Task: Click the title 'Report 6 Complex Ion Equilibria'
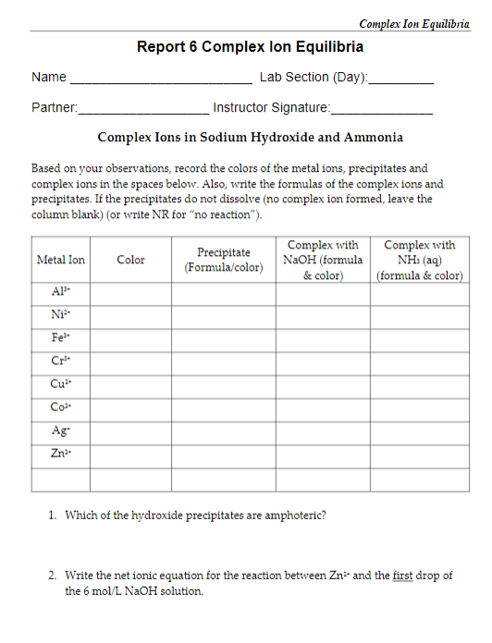(250, 46)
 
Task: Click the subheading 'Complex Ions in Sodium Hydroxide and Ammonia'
(250, 138)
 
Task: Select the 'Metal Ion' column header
(60, 260)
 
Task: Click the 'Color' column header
(130, 260)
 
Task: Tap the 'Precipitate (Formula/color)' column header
(224, 260)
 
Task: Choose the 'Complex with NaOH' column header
(323, 260)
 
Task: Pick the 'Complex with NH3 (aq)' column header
(419, 260)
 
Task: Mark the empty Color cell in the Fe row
(130, 339)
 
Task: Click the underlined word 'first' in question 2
(402, 575)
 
